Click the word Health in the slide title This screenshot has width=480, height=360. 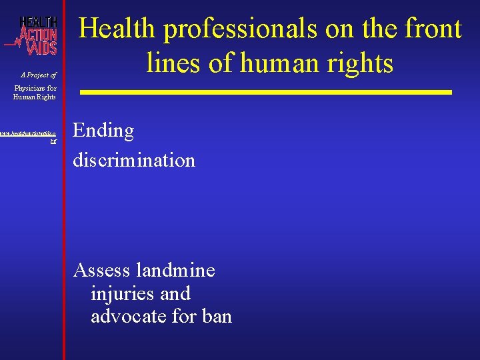tap(117, 29)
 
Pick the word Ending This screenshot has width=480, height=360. tap(103, 131)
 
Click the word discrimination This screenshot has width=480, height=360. tap(134, 160)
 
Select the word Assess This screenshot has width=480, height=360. tap(102, 270)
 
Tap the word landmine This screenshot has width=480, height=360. tap(175, 270)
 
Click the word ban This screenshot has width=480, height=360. tap(216, 315)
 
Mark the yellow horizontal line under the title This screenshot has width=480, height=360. tap(267, 92)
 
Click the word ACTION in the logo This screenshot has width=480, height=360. tap(38, 34)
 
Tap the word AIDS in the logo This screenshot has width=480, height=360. tap(41, 47)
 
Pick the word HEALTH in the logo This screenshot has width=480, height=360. tap(38, 21)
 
